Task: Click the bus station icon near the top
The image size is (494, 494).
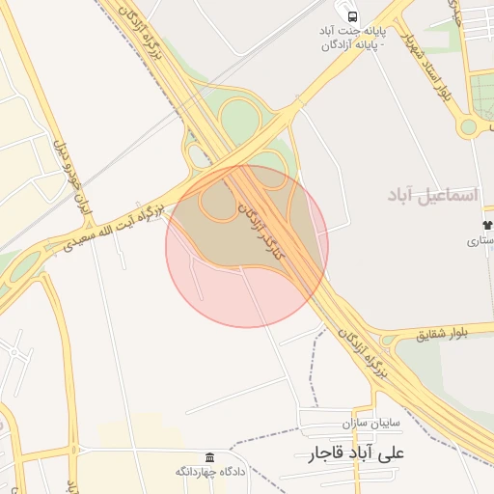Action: click(353, 16)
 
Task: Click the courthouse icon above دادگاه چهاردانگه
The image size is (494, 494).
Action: click(209, 456)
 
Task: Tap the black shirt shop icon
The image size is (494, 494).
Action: click(485, 225)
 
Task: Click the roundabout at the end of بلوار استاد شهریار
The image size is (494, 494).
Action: click(468, 126)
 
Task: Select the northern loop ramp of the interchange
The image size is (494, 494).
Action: click(239, 119)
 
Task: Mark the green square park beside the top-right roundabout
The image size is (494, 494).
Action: click(482, 96)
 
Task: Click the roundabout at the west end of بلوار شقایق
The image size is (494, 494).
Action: click(388, 340)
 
